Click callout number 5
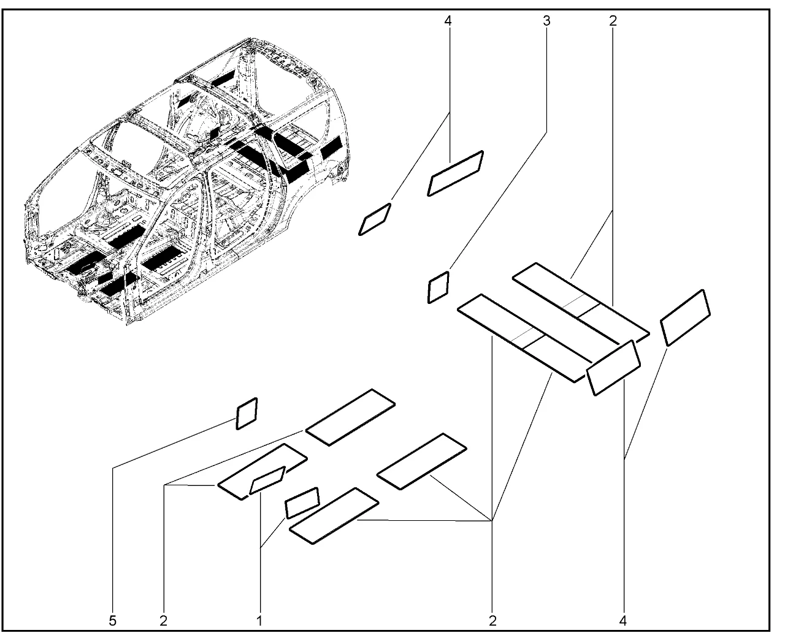click(112, 621)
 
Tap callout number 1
click(259, 621)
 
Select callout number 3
click(546, 21)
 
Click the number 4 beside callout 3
click(448, 21)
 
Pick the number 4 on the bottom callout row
click(623, 621)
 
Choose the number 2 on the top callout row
click(613, 21)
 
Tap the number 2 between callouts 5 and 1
click(164, 621)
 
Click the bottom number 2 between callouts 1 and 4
click(492, 621)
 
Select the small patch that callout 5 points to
click(247, 414)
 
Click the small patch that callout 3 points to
click(438, 287)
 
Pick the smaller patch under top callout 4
click(375, 219)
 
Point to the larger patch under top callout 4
click(455, 173)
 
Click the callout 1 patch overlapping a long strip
click(267, 480)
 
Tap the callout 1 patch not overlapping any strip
click(302, 502)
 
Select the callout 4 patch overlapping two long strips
click(613, 368)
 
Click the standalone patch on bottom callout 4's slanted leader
click(686, 318)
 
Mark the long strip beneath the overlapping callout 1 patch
click(262, 472)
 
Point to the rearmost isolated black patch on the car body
click(331, 147)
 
